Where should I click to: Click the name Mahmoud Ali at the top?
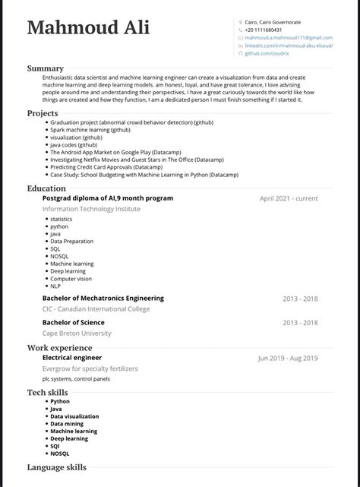[x=88, y=29]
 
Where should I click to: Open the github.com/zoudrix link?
[x=269, y=53]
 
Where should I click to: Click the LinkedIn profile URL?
[x=289, y=46]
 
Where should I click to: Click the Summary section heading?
[x=46, y=68]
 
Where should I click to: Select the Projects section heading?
[x=43, y=113]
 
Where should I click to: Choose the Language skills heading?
[x=57, y=467]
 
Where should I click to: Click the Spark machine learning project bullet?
[x=90, y=130]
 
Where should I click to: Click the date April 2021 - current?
[x=289, y=198]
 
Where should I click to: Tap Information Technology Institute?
[x=91, y=208]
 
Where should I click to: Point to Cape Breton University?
[x=77, y=333]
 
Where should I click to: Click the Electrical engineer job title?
[x=72, y=357]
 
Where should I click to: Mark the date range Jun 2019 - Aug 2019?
[x=288, y=358]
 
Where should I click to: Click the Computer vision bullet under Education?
[x=71, y=278]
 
